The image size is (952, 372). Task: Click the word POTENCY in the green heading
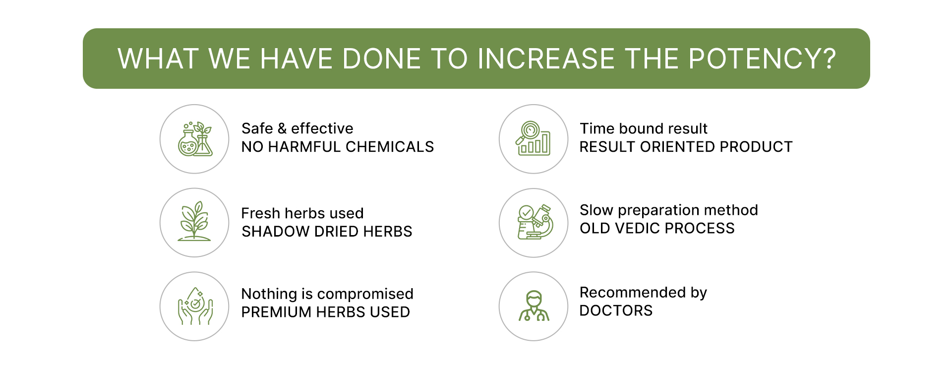pyautogui.click(x=755, y=59)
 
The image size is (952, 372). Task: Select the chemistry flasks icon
pyautogui.click(x=195, y=139)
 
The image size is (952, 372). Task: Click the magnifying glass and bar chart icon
pyautogui.click(x=533, y=138)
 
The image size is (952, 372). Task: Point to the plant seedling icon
pyautogui.click(x=194, y=221)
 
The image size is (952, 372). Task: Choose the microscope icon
pyautogui.click(x=535, y=222)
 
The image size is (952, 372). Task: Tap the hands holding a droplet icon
pyautogui.click(x=195, y=306)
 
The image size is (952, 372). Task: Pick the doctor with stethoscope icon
pyautogui.click(x=534, y=306)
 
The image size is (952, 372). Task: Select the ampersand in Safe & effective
pyautogui.click(x=282, y=128)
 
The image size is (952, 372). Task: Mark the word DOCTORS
pyautogui.click(x=616, y=310)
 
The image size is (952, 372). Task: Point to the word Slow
pyautogui.click(x=596, y=210)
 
